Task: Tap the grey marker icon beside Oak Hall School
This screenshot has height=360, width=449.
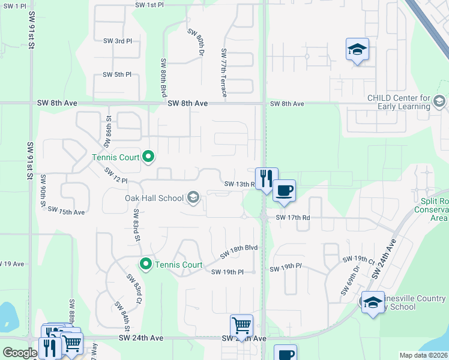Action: pyautogui.click(x=193, y=197)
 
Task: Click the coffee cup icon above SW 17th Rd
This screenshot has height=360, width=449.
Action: pyautogui.click(x=284, y=191)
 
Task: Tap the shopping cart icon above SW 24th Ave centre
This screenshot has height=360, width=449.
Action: pyautogui.click(x=241, y=326)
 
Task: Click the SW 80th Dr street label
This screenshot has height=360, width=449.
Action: pyautogui.click(x=196, y=42)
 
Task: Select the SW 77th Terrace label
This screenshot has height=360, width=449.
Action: pyautogui.click(x=224, y=74)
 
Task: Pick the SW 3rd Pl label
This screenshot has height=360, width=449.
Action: pyautogui.click(x=117, y=41)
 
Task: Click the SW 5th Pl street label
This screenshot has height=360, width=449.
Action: pyautogui.click(x=117, y=74)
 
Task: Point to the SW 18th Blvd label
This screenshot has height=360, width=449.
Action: pyautogui.click(x=238, y=252)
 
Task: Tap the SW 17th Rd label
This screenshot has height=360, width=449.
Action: pyautogui.click(x=293, y=218)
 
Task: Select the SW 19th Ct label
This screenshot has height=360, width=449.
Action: pyautogui.click(x=358, y=259)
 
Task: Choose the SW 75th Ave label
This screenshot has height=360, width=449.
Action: pyautogui.click(x=66, y=211)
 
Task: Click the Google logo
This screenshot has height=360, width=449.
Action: pyautogui.click(x=20, y=353)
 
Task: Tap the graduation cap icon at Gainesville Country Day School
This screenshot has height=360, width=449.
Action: pyautogui.click(x=372, y=302)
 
